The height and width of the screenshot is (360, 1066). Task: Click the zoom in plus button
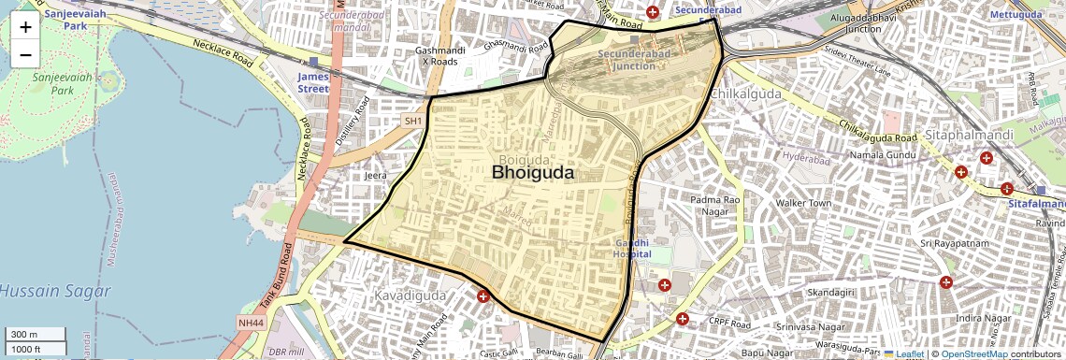coord(25,26)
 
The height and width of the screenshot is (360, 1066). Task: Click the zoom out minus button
coord(25,54)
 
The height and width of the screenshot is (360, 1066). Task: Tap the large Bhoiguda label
coord(533,173)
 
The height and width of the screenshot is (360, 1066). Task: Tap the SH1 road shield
coord(413,122)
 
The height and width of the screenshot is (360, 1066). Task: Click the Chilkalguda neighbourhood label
coord(744,94)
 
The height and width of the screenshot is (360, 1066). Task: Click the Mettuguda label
coord(1016,16)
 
